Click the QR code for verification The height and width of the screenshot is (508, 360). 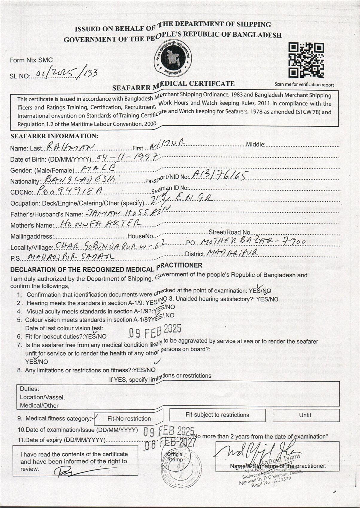pos(306,60)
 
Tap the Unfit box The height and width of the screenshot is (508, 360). pos(305,415)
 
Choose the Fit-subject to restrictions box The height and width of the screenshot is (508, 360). pos(217,415)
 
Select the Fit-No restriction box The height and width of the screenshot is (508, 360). pos(129,418)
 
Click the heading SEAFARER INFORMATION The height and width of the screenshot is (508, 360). pos(54,136)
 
